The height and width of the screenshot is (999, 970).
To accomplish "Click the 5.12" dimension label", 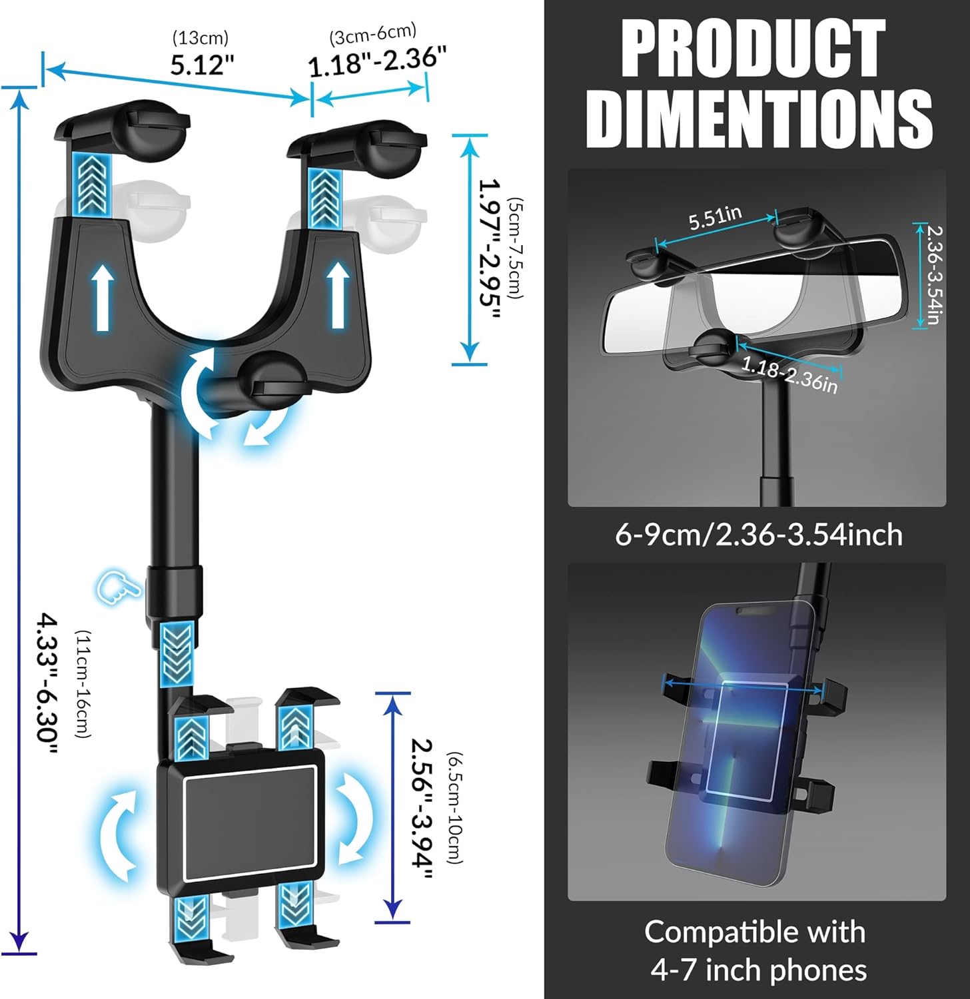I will click(202, 65).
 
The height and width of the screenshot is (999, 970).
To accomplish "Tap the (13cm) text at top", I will click(201, 37).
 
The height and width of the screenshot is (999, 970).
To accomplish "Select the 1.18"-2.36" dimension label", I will click(376, 61).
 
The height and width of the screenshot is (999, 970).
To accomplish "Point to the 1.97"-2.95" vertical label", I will click(490, 249).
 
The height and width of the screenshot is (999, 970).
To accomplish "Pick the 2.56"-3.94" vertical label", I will click(421, 809).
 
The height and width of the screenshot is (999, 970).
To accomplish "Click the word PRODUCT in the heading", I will click(753, 49).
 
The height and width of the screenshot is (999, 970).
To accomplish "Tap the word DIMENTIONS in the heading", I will click(758, 119).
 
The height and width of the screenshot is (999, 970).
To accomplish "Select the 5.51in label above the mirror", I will click(715, 217).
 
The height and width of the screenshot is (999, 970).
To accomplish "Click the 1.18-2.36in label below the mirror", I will click(789, 374).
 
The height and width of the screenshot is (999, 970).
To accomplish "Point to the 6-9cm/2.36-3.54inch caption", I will click(758, 535).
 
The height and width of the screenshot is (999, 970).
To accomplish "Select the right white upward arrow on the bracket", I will click(338, 294).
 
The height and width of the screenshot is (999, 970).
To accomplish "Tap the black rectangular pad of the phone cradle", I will click(250, 823).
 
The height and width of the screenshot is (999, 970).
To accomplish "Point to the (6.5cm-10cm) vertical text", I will click(455, 808).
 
